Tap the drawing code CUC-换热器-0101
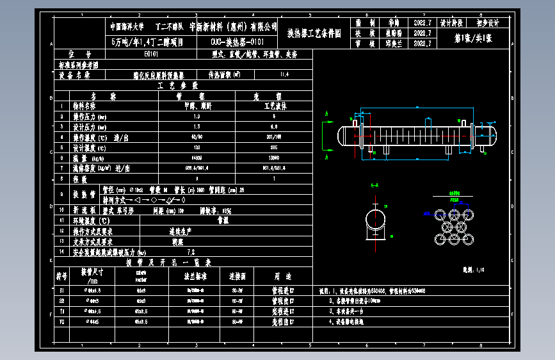tap(236, 43)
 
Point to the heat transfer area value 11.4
tap(285, 75)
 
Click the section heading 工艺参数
tap(173, 85)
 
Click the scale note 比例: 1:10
tap(474, 269)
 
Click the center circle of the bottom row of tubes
tap(456, 240)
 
